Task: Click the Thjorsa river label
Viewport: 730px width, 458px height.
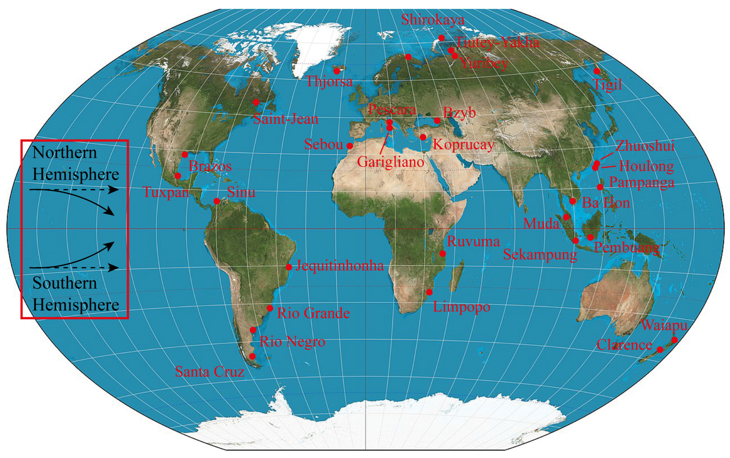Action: point(329,81)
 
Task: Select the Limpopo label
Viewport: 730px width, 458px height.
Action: point(461,307)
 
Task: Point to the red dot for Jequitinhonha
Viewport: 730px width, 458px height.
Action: point(289,267)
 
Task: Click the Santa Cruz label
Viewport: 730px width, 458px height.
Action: point(209,372)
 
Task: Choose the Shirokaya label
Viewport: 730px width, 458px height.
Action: point(433,20)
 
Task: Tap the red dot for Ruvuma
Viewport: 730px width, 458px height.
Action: point(442,253)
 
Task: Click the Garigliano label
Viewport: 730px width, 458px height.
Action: point(391,162)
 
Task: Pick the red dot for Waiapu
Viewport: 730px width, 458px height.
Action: point(674,340)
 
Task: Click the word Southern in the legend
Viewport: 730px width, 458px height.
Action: point(64,283)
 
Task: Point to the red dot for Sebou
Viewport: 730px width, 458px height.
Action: point(350,146)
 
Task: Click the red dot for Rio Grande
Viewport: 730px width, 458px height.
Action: point(270,308)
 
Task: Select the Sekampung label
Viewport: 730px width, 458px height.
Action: point(540,254)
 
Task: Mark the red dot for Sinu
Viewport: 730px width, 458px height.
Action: point(217,201)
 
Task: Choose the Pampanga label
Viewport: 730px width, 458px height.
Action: point(642,182)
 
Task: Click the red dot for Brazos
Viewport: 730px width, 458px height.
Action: point(185,155)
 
